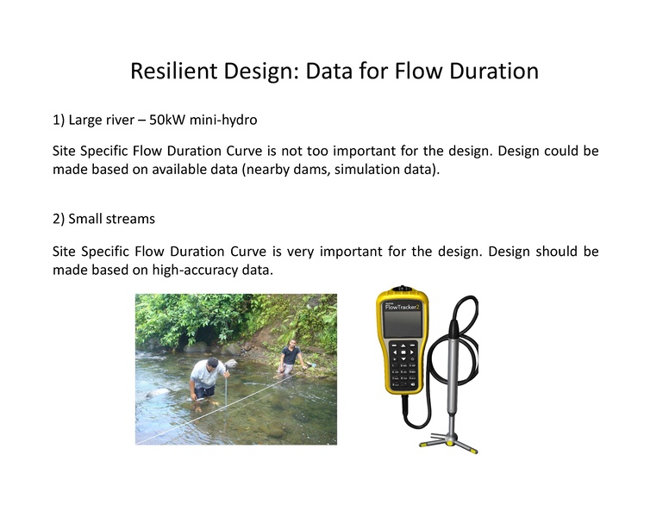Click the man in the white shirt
pyautogui.click(x=204, y=379)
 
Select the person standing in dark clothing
pyautogui.click(x=291, y=358)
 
